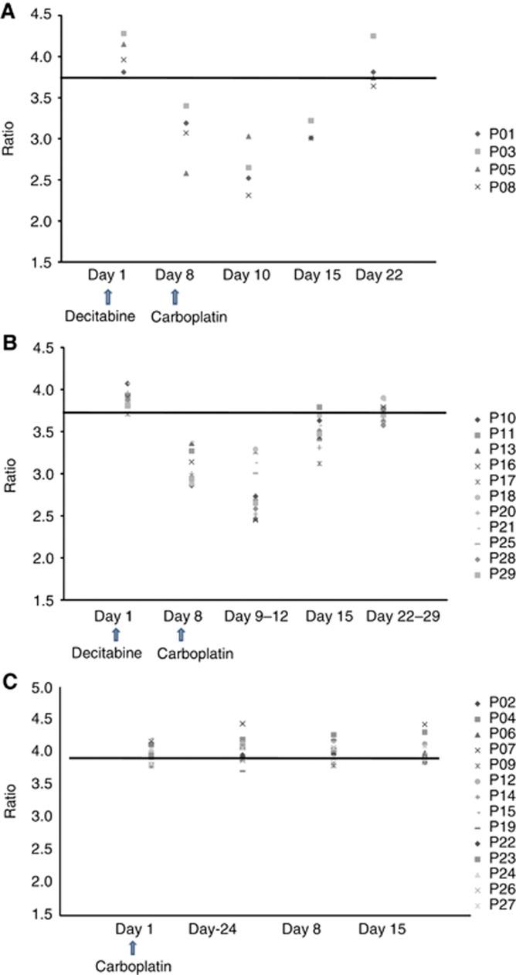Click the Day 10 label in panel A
coord(247,274)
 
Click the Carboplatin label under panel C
coord(133,966)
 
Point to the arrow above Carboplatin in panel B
coord(181,634)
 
